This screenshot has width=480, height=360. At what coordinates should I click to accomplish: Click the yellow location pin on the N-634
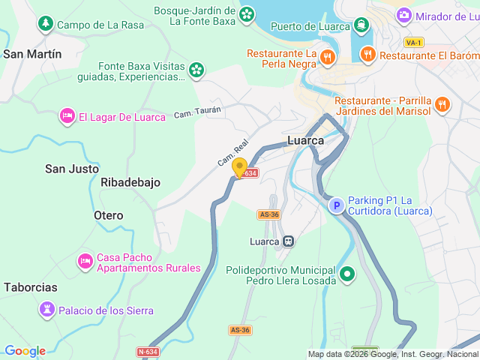(239, 167)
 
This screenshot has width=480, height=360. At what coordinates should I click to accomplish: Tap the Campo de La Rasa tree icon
(46, 25)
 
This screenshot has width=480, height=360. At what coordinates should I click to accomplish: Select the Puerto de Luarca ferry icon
(362, 26)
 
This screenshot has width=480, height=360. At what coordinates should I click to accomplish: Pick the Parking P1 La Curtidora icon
(337, 205)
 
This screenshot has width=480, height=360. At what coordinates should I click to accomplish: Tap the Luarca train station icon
(288, 241)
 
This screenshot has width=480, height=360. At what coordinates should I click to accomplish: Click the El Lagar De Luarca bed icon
(67, 116)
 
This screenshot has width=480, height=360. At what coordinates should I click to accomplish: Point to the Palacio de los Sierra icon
(47, 310)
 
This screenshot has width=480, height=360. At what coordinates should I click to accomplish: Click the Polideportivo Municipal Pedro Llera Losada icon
(346, 274)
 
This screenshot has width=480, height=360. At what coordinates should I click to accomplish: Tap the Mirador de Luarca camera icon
(404, 16)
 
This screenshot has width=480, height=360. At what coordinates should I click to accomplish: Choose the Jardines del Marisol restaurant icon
(442, 105)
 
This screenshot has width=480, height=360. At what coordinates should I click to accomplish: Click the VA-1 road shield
(412, 42)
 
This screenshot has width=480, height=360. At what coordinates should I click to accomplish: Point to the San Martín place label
(32, 54)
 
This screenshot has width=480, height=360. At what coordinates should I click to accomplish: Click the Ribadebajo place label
(130, 182)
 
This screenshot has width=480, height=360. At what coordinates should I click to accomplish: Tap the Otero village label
(108, 215)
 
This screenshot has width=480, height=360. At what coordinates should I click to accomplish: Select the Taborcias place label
(30, 287)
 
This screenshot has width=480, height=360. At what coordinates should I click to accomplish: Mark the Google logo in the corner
(25, 351)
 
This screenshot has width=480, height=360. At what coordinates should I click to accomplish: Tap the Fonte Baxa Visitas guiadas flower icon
(196, 70)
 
